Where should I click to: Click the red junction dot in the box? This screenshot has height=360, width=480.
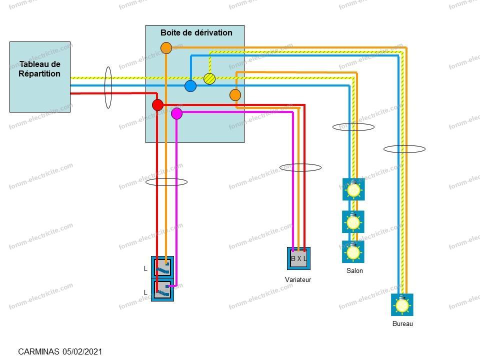click(x=157, y=105)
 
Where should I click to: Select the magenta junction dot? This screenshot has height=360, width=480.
click(x=176, y=113)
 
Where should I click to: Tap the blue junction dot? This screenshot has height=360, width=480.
click(x=190, y=86)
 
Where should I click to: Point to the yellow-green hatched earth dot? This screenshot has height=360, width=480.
click(x=209, y=78)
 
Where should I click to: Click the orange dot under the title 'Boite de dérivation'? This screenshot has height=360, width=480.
click(x=166, y=48)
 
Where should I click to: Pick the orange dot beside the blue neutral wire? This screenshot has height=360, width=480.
click(x=235, y=95)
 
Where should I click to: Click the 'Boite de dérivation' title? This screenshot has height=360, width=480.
click(x=196, y=33)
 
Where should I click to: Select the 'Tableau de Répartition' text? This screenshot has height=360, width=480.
click(x=39, y=69)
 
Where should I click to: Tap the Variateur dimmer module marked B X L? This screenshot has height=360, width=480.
click(x=298, y=258)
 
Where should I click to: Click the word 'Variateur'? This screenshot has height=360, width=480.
click(x=298, y=279)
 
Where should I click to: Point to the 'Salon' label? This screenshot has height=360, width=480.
click(x=354, y=270)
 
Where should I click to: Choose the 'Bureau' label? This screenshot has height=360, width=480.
click(x=402, y=323)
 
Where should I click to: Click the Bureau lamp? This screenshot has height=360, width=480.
click(x=402, y=305)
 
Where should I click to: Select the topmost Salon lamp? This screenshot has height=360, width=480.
click(x=353, y=189)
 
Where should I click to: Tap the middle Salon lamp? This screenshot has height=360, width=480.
click(x=353, y=221)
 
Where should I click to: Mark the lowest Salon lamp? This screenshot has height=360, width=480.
click(x=353, y=252)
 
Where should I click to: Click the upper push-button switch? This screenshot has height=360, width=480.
click(x=162, y=267)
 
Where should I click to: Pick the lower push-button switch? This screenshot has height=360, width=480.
click(x=162, y=290)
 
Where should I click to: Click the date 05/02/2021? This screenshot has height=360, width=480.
click(x=82, y=351)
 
